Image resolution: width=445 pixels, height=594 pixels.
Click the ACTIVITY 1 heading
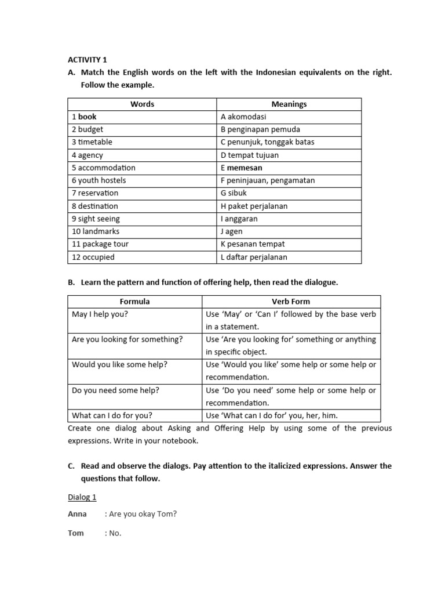tap(87, 60)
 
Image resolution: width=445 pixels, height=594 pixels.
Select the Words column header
tap(142, 104)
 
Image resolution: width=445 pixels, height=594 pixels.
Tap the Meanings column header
tap(289, 104)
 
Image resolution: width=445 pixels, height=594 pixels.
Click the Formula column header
tap(134, 302)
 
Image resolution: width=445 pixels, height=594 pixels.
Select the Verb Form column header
tap(291, 302)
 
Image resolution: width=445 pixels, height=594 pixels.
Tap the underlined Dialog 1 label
tap(82, 497)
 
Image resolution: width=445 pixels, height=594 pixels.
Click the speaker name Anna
tap(77, 514)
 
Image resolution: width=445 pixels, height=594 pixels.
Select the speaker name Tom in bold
tap(76, 533)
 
